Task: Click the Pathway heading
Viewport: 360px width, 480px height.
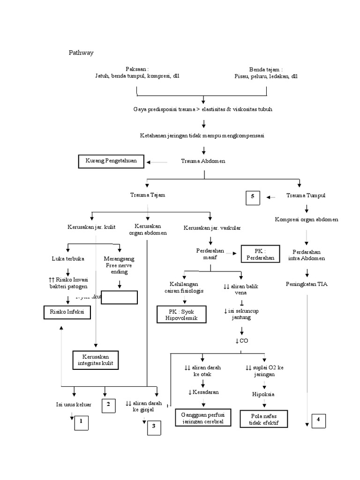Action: point(81,52)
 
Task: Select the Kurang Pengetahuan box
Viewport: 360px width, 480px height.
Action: point(111,161)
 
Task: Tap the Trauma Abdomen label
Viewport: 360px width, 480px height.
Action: point(203,161)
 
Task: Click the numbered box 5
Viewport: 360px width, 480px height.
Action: point(253,197)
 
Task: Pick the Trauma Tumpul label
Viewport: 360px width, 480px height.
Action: point(306,195)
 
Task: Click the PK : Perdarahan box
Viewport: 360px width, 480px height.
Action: point(260,254)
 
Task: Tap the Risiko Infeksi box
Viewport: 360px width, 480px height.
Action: point(67,312)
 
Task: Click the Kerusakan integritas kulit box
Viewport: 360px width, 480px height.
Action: point(96,360)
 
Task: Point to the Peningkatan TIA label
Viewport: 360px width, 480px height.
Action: point(307,284)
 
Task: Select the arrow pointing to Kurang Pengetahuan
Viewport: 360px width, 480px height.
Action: point(157,162)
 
